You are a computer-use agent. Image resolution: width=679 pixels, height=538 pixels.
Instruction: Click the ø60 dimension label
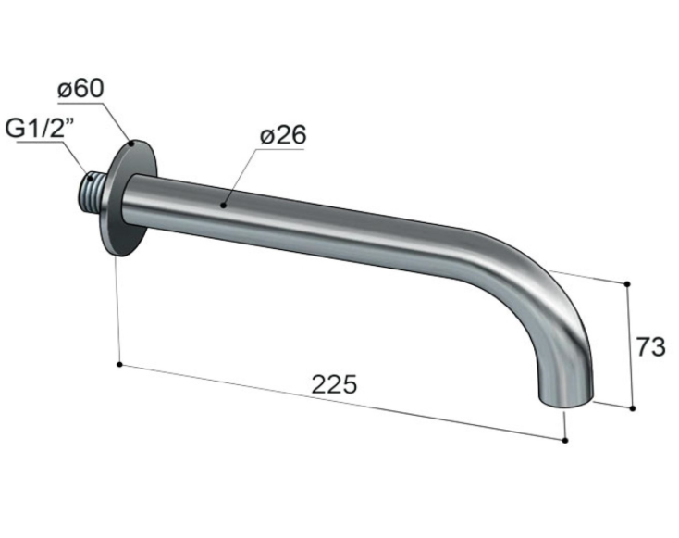click(x=80, y=89)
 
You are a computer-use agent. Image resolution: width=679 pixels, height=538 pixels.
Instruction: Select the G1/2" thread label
click(x=40, y=129)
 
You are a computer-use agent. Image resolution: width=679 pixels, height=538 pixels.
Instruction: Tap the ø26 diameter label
click(x=283, y=135)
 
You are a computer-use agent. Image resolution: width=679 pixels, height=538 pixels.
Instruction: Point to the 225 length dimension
click(x=334, y=383)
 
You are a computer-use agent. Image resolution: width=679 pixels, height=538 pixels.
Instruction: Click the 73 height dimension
click(x=650, y=347)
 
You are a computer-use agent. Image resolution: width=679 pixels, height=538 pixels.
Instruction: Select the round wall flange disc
click(x=129, y=198)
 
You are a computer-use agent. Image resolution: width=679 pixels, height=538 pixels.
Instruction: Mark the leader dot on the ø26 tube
click(x=224, y=205)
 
